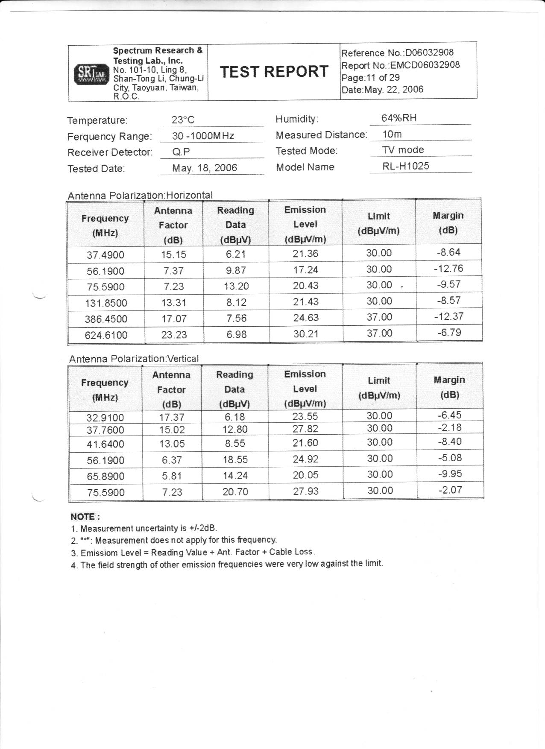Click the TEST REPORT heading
(x=274, y=71)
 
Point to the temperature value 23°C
(x=183, y=120)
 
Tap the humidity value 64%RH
(x=399, y=118)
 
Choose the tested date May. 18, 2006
(x=205, y=168)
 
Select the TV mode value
(x=403, y=150)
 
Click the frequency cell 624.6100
(x=106, y=335)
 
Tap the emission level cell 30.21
(x=305, y=334)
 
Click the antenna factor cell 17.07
(x=174, y=319)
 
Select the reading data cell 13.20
(x=236, y=286)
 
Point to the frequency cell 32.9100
(x=105, y=417)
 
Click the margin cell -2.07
(x=450, y=490)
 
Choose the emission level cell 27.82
(x=305, y=429)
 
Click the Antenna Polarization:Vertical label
(x=134, y=359)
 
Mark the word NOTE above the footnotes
(x=85, y=517)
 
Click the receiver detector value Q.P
(x=181, y=152)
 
